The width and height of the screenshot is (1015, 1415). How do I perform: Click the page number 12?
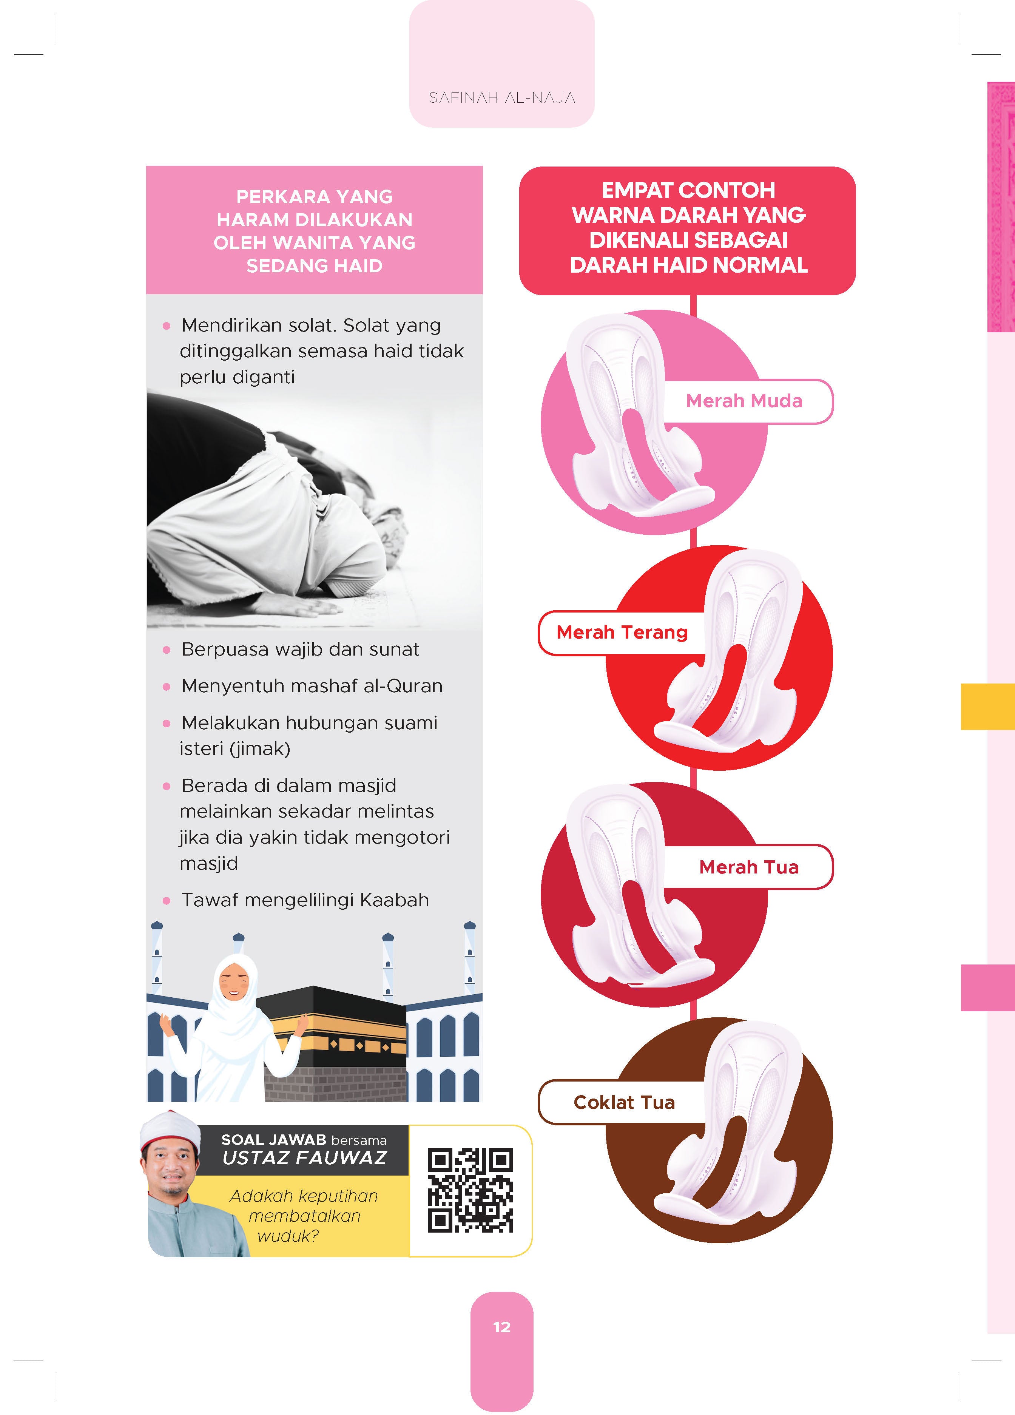(501, 1327)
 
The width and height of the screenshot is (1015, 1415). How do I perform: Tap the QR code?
(470, 1190)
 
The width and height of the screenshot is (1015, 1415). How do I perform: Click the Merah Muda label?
(744, 401)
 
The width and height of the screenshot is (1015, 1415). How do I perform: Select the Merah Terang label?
(622, 632)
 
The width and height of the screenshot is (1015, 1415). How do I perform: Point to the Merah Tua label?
(749, 867)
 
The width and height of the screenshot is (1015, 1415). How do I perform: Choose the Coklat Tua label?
(624, 1102)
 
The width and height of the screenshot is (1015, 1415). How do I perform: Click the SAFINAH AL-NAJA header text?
(501, 97)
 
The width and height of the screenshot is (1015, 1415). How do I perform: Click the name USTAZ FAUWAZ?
(304, 1159)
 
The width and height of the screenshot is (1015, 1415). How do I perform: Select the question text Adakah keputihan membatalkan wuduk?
(304, 1215)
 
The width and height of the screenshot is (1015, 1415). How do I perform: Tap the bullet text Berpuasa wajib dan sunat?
(300, 650)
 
